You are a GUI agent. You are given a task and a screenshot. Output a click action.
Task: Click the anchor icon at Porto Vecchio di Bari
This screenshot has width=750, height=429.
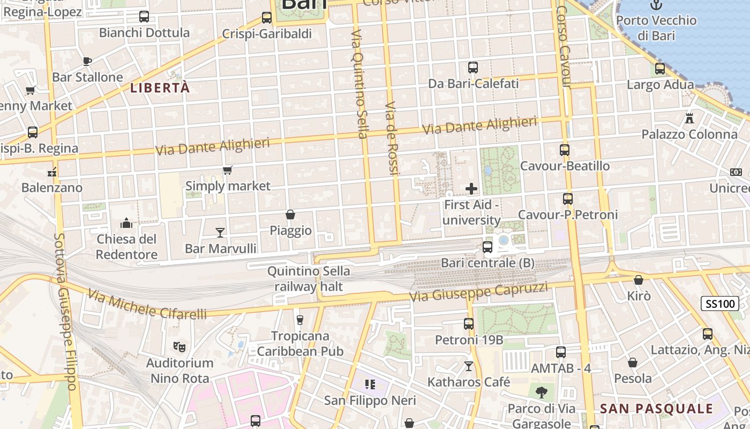coord(656,5)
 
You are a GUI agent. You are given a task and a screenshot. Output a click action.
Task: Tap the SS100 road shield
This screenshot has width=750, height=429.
coord(719,304)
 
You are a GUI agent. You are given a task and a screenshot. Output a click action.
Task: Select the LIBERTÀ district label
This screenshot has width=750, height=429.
coord(160,88)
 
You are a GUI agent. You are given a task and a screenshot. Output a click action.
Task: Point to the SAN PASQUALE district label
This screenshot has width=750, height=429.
coord(656,409)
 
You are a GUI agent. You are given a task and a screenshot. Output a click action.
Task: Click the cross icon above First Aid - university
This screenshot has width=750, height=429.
coord(471,189)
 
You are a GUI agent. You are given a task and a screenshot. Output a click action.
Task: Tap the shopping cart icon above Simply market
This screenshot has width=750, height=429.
coord(228,171)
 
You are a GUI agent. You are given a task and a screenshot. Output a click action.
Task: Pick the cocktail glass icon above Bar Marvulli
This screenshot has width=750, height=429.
coord(220,232)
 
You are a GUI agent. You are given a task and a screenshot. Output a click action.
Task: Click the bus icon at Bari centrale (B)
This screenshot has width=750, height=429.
coord(487,247)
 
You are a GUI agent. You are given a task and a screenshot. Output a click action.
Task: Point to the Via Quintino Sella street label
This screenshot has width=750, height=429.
coord(359,84)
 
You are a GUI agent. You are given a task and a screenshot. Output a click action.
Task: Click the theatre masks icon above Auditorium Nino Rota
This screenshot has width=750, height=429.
coord(179,347)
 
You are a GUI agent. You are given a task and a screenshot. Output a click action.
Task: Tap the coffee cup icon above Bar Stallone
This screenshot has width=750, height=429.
coord(87,61)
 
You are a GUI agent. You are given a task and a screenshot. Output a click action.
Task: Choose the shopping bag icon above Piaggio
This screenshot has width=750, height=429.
coord(290,214)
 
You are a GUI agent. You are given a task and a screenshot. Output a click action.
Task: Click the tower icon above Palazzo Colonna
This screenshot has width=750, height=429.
coord(689,118)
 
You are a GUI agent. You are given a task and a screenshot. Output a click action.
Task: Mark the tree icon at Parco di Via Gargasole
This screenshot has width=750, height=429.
coord(542,393)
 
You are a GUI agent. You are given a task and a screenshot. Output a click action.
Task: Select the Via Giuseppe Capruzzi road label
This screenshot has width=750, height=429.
coord(478,292)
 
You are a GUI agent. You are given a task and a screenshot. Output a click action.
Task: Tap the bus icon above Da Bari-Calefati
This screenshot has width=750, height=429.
coord(473,68)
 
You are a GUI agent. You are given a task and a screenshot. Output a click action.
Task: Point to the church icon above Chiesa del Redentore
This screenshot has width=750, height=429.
coord(126,223)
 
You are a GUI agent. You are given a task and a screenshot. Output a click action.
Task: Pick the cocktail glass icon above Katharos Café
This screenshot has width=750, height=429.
coord(469,366)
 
